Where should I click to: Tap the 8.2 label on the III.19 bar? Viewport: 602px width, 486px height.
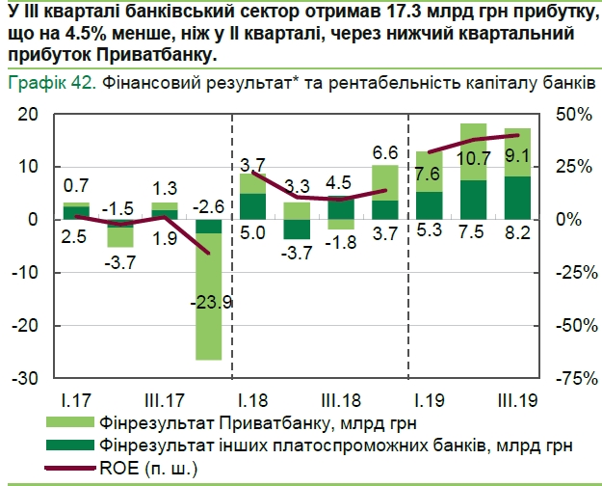tap(517, 232)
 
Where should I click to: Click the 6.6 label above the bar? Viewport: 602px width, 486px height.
tap(385, 152)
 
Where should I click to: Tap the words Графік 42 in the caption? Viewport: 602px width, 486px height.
tap(51, 83)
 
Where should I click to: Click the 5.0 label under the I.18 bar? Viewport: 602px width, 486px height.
tap(252, 232)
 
